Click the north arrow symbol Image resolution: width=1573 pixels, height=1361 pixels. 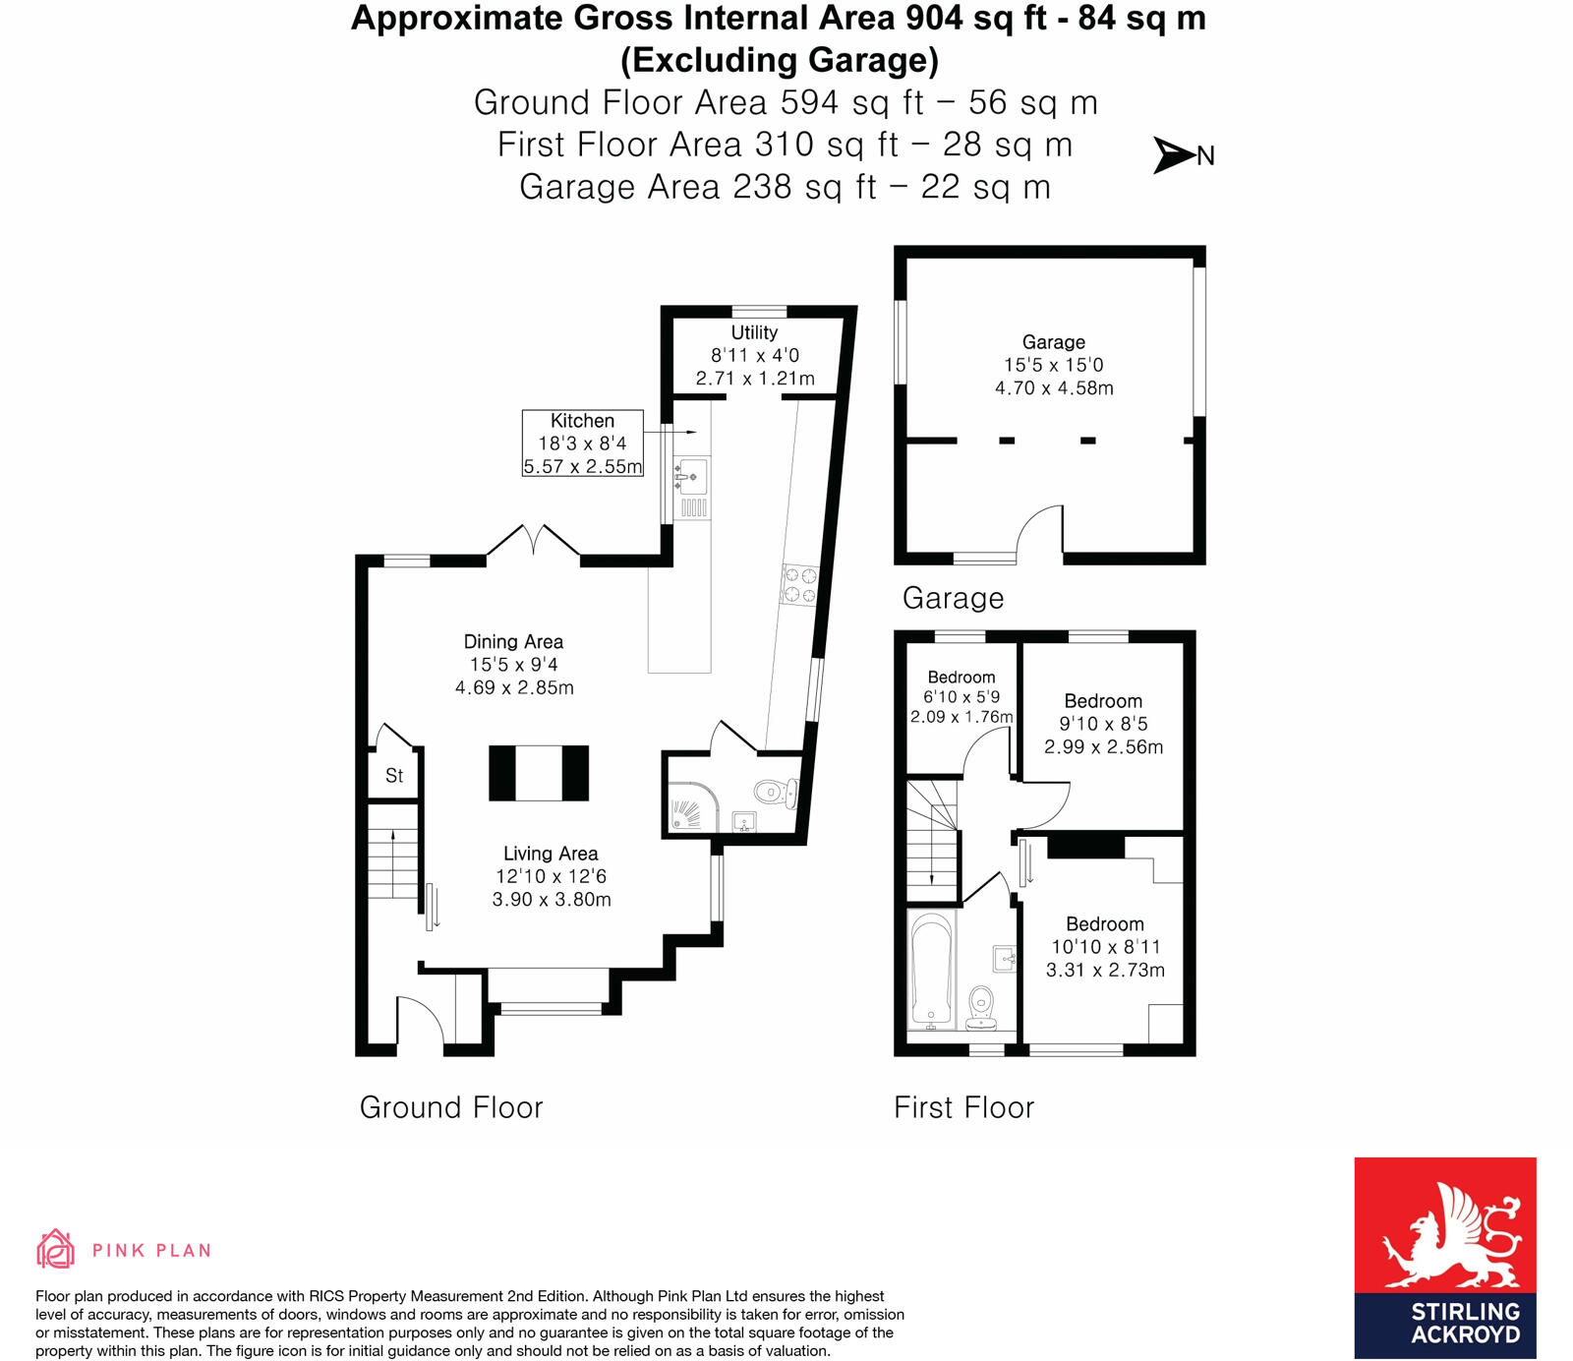pos(1175,155)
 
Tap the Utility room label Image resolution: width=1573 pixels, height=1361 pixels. pos(754,333)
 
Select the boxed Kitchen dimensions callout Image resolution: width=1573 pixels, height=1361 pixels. pos(582,444)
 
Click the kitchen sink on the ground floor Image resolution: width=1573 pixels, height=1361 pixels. pos(692,477)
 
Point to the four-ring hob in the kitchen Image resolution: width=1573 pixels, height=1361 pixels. pos(798,585)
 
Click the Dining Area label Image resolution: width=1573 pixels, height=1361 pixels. pos(513,642)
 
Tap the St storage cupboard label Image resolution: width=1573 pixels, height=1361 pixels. pos(394,776)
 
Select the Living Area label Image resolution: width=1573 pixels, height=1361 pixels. pos(551,854)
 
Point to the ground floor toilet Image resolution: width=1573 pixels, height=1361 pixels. pos(775,791)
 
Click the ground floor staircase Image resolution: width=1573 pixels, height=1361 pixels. pos(393,851)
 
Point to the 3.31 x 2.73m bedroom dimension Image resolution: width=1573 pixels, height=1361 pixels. pos(1105,970)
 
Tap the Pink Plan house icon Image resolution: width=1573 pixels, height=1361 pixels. pos(55,1249)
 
